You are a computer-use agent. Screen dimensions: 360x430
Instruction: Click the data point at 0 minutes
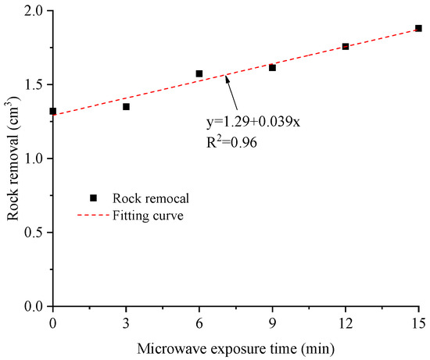pyautogui.click(x=52, y=111)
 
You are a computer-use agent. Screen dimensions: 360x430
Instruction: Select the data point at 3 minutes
pyautogui.click(x=126, y=106)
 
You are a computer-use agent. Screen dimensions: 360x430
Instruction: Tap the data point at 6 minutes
pyautogui.click(x=199, y=73)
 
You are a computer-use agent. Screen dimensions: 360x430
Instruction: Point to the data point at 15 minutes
pyautogui.click(x=418, y=28)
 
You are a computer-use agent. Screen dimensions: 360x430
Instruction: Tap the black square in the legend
pyautogui.click(x=93, y=198)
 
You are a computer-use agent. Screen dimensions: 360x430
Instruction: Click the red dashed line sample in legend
pyautogui.click(x=93, y=216)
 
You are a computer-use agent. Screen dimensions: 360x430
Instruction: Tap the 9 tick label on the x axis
pyautogui.click(x=272, y=322)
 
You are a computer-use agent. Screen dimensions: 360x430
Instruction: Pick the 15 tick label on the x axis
pyautogui.click(x=418, y=322)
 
